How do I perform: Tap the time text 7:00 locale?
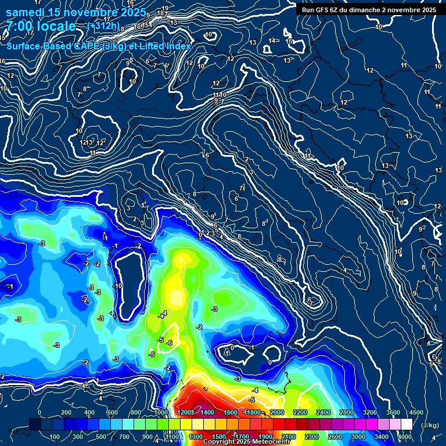tap(41, 26)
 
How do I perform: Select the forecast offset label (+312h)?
tap(103, 26)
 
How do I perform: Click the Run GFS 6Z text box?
tap(368, 10)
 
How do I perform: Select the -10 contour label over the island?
tap(118, 286)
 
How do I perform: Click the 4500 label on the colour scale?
tap(416, 412)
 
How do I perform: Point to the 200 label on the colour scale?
tap(66, 412)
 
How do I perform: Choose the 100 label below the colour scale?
tap(55, 437)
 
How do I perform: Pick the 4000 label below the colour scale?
tap(405, 437)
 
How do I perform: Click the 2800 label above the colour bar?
tap(346, 412)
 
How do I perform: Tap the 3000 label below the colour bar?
tap(358, 437)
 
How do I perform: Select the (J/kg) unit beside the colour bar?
tap(430, 425)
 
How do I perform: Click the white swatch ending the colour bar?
tap(407, 425)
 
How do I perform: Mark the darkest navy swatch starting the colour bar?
tap(35, 425)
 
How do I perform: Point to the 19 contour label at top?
tap(166, 8)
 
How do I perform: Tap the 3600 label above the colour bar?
tap(393, 412)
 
